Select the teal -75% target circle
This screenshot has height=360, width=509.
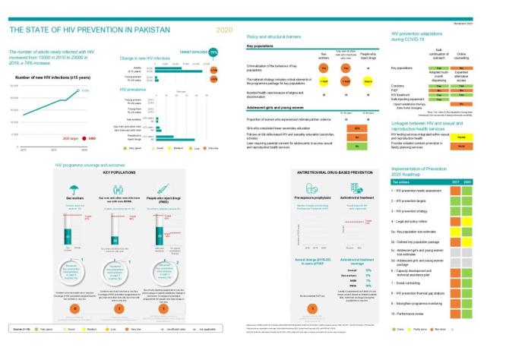[213, 52]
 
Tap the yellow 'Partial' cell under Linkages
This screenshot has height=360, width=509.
[460, 137]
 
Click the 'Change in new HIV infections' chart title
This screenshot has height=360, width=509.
[149, 58]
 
